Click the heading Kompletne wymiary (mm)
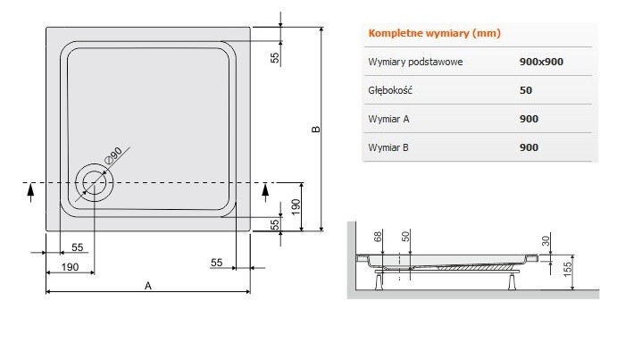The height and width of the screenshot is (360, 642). [434, 34]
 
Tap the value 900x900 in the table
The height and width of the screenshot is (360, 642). [540, 62]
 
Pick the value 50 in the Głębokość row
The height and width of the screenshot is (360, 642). [525, 90]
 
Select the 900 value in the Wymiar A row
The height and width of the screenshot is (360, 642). [529, 118]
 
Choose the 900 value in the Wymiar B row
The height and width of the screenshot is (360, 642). [529, 147]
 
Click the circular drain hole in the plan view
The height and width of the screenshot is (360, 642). [93, 181]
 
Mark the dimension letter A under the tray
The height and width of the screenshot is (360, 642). [148, 285]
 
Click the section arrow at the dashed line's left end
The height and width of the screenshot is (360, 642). [31, 188]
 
